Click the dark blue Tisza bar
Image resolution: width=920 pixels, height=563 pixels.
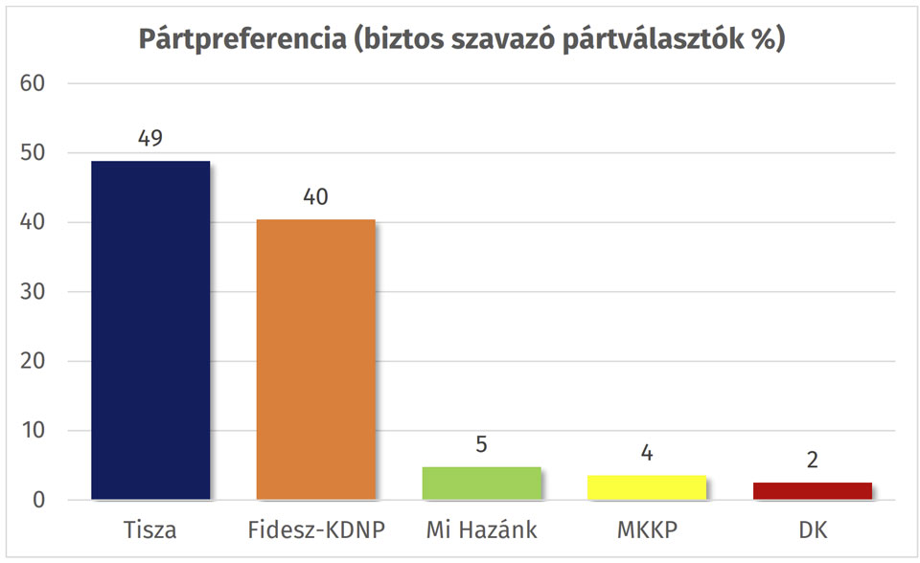pos(150,330)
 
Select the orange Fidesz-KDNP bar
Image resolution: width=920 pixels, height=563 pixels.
pos(316,359)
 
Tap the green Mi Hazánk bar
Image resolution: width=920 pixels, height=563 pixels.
pos(481,483)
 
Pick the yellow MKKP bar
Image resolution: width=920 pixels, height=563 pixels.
pos(647,487)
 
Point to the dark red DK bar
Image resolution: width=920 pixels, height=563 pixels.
pos(812,490)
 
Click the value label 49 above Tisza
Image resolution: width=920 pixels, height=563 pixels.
pos(150,138)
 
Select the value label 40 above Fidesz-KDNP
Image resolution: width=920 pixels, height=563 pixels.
pos(316,197)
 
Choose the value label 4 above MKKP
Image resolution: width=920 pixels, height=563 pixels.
pos(647,452)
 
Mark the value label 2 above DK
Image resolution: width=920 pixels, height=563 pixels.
pos(812,460)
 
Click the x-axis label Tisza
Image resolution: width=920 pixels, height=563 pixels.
pos(150,529)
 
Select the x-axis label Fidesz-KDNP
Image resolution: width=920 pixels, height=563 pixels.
pos(316,529)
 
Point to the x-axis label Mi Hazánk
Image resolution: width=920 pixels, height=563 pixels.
pos(481,529)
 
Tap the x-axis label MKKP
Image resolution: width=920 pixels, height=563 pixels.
pos(647,529)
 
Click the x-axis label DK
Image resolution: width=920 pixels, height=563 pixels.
pos(812,529)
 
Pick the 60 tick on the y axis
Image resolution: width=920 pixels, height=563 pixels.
pos(33,83)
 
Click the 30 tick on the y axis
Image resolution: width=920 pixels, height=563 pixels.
pos(33,292)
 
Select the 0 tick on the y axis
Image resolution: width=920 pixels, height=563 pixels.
pos(39,500)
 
